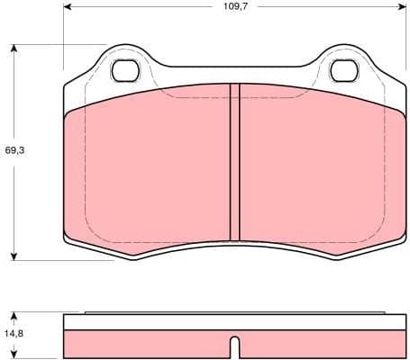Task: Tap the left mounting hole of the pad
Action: pyautogui.click(x=124, y=69)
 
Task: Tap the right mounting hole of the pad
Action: pyautogui.click(x=344, y=69)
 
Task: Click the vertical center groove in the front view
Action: pyautogui.click(x=234, y=162)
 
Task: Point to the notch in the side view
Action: pyautogui.click(x=234, y=346)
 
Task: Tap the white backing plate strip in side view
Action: pyautogui.click(x=234, y=322)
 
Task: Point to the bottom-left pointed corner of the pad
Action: pyautogui.click(x=134, y=259)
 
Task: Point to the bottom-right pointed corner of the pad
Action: pyautogui.click(x=334, y=259)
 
